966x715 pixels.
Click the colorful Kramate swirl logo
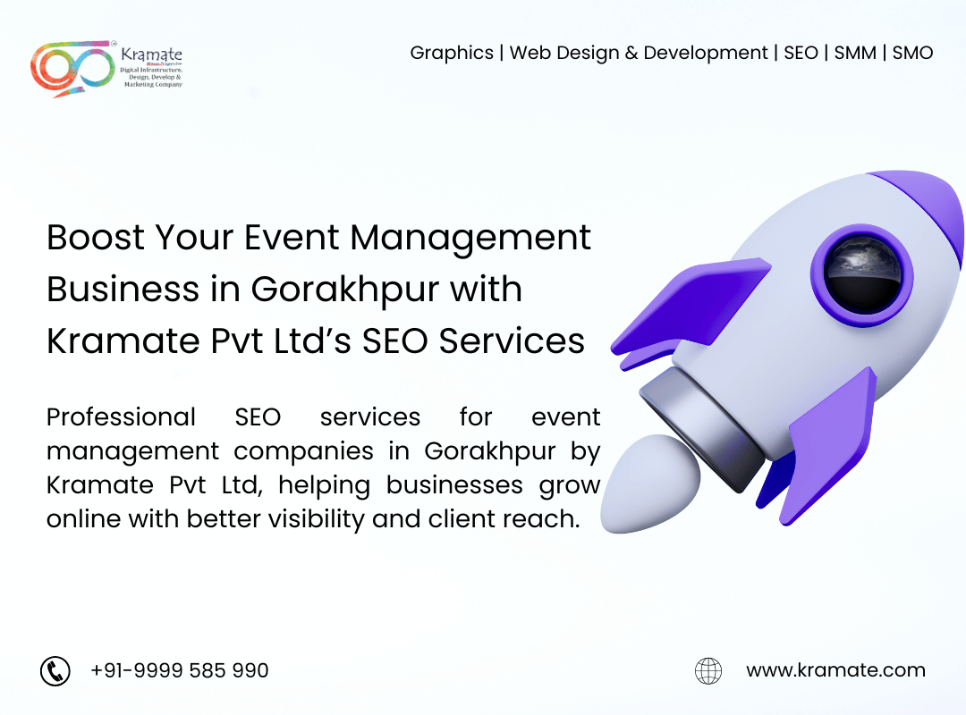pyautogui.click(x=72, y=68)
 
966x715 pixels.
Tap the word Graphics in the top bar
pyautogui.click(x=452, y=53)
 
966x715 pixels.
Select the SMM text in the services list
pyautogui.click(x=855, y=53)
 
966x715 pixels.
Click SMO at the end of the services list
pyautogui.click(x=912, y=53)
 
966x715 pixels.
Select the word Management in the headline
pyautogui.click(x=470, y=239)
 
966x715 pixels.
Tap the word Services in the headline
pyautogui.click(x=512, y=341)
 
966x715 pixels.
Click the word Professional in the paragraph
pyautogui.click(x=122, y=417)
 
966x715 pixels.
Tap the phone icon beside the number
pyautogui.click(x=55, y=670)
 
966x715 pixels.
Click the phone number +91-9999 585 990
pyautogui.click(x=179, y=670)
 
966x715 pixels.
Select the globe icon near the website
pyautogui.click(x=708, y=670)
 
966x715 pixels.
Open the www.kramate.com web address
pyautogui.click(x=835, y=670)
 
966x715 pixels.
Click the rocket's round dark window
pyautogui.click(x=862, y=274)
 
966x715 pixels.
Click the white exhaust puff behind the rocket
pyautogui.click(x=650, y=484)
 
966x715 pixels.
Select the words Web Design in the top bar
pyautogui.click(x=564, y=53)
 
